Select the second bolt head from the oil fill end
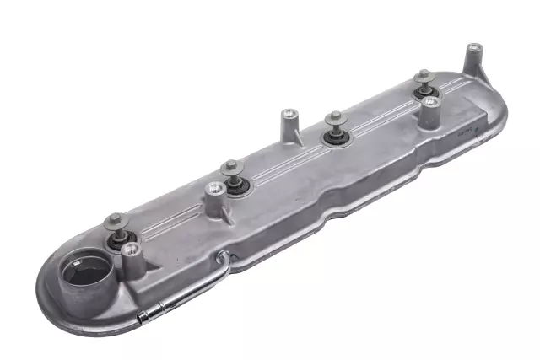[231, 169]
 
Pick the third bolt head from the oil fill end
[333, 118]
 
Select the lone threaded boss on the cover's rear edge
[289, 113]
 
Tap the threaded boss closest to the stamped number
[431, 101]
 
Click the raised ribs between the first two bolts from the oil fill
[173, 206]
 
